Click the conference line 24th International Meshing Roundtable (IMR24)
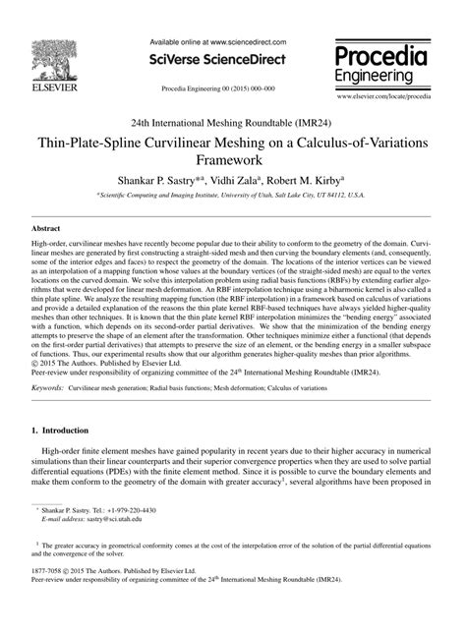pos(232,122)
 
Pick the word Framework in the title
pos(233,158)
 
